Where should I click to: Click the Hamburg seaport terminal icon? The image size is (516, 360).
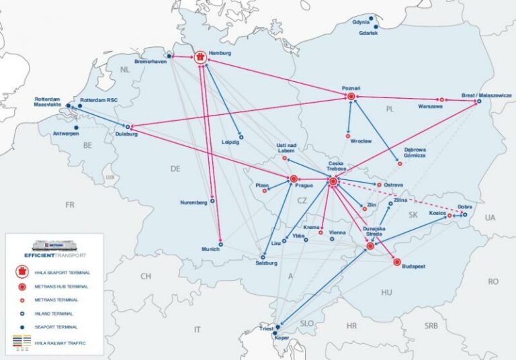tap(200, 57)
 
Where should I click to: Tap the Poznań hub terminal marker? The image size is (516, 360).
tap(351, 97)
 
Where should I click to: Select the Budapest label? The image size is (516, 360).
tap(414, 267)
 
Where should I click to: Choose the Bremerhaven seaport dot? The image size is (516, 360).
tap(169, 56)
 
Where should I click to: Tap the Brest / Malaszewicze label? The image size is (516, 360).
tap(486, 95)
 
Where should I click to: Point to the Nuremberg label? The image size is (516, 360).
tap(194, 203)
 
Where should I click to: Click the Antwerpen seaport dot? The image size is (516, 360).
tap(75, 127)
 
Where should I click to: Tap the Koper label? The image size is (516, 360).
tap(281, 338)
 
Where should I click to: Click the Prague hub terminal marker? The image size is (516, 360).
tap(294, 179)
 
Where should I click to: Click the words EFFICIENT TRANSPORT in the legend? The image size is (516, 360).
tap(54, 256)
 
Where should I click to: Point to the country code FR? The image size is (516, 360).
tap(70, 205)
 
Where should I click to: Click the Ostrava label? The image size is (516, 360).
tap(394, 185)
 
